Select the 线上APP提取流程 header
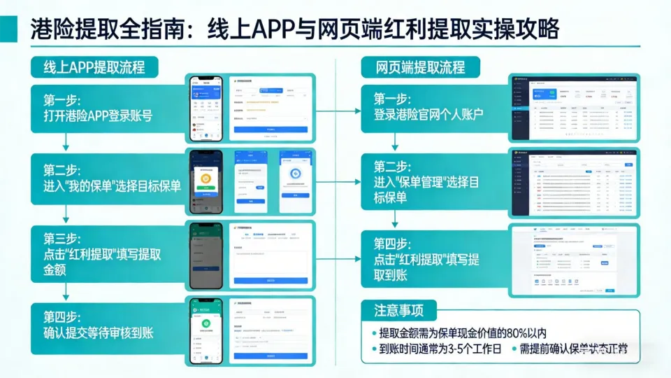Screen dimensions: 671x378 [x=95, y=67]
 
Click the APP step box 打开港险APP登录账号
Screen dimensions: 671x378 [x=105, y=106]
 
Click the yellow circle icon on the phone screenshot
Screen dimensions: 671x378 [x=207, y=179]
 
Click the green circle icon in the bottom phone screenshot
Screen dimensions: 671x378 [x=207, y=324]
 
